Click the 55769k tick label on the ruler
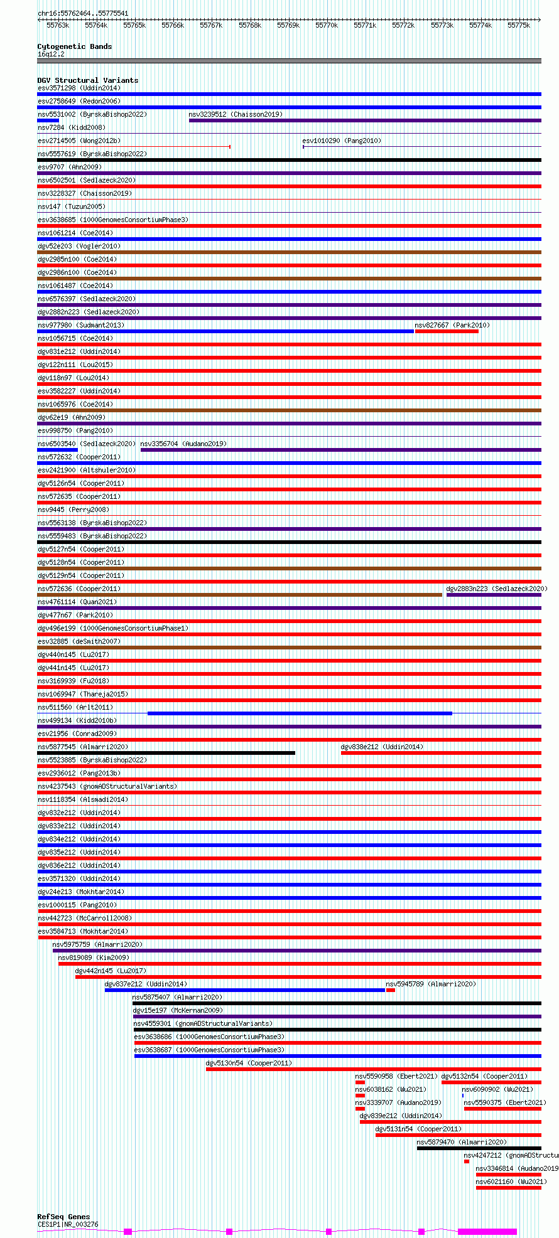(x=288, y=25)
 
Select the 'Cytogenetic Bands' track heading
(x=74, y=46)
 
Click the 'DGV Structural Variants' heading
(x=87, y=80)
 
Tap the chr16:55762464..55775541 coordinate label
(x=82, y=13)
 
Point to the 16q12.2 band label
(x=50, y=54)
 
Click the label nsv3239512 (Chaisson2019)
(x=235, y=114)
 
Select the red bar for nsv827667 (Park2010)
(x=446, y=331)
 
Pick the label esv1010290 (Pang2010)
(x=341, y=141)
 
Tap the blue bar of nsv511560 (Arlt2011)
(x=300, y=713)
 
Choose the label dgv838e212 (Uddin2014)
(x=381, y=747)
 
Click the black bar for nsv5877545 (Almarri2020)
(x=166, y=753)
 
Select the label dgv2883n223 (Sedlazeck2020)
(x=496, y=589)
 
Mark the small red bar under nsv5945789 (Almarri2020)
(x=390, y=990)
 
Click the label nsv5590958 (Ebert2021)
(x=396, y=1076)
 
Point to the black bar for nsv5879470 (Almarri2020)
(x=479, y=1148)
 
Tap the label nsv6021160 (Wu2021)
(x=511, y=1182)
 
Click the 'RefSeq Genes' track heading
(x=63, y=1217)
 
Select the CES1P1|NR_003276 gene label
(x=68, y=1224)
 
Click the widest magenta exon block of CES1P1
(x=487, y=1232)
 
